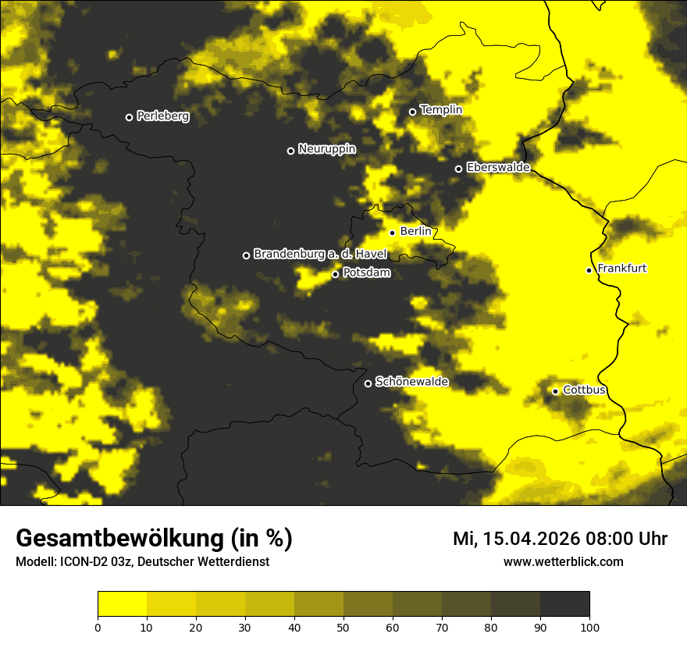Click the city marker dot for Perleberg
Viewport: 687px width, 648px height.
point(129,117)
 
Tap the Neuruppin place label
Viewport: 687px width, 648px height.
point(326,149)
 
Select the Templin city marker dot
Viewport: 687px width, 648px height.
point(412,112)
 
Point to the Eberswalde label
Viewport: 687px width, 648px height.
point(498,167)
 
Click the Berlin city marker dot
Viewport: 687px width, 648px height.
point(392,233)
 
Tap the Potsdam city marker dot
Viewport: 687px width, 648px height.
point(335,274)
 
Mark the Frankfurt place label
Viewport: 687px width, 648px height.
point(621,269)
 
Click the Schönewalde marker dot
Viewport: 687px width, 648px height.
point(368,383)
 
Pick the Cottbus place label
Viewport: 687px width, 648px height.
point(584,390)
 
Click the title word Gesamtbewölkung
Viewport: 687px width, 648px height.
point(121,539)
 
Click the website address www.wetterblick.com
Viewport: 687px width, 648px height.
point(563,561)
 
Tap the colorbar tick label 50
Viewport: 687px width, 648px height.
point(343,627)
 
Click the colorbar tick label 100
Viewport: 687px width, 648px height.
point(589,627)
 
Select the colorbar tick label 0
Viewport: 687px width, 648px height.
point(98,627)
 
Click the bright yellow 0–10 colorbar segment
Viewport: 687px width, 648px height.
point(122,604)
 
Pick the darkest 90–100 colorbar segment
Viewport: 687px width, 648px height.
point(564,604)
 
